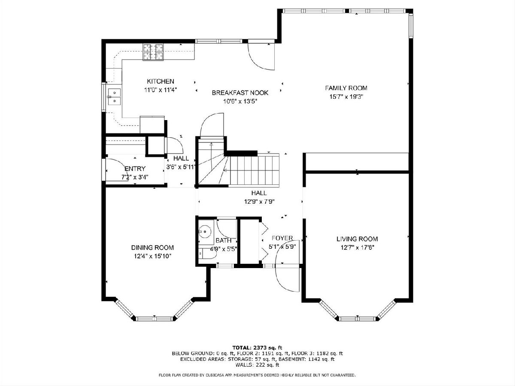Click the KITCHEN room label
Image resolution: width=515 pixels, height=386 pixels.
click(161, 81)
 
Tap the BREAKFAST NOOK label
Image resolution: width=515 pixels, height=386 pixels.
click(240, 93)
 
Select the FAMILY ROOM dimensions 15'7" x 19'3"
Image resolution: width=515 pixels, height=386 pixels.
click(346, 96)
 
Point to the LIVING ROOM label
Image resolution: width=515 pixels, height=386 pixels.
click(357, 239)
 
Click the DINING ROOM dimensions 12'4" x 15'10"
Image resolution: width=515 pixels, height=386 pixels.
click(153, 256)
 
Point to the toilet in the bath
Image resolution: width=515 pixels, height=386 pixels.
click(206, 253)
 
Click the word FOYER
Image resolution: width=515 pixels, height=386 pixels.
click(282, 238)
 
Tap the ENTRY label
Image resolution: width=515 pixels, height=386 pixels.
click(135, 169)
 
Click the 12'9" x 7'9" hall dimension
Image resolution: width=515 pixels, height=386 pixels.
click(259, 202)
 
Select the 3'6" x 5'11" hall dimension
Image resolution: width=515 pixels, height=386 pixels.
click(181, 167)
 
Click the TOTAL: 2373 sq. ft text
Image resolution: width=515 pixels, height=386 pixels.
click(257, 347)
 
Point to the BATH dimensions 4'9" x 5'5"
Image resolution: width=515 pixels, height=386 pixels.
click(223, 249)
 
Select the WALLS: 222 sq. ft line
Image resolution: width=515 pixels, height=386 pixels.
click(257, 365)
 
